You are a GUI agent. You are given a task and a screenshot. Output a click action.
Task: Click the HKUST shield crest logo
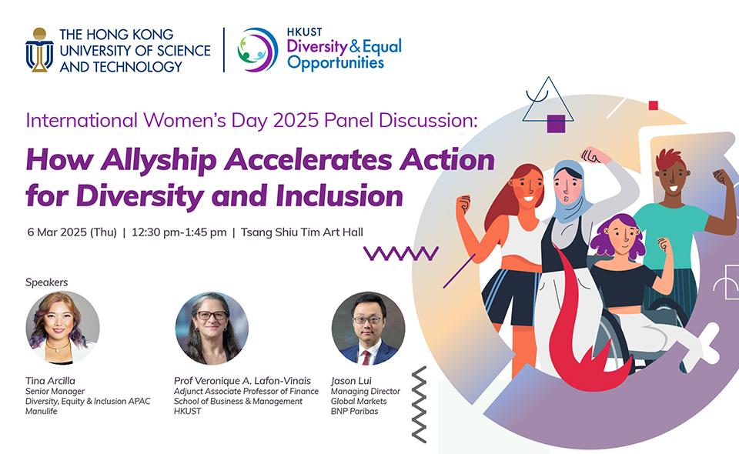click(x=39, y=50)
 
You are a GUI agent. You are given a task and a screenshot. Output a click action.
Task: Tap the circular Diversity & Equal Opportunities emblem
click(x=257, y=50)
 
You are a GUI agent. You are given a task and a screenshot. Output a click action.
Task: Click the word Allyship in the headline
click(x=159, y=159)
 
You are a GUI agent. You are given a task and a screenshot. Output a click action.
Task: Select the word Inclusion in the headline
click(x=339, y=196)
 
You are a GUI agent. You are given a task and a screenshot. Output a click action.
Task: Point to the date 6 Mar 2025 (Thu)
click(x=72, y=232)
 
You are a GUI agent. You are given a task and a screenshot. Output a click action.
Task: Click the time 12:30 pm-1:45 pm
click(x=179, y=232)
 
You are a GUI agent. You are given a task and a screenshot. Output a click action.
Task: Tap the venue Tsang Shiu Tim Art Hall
click(x=302, y=232)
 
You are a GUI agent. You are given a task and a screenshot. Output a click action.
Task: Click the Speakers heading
click(x=47, y=282)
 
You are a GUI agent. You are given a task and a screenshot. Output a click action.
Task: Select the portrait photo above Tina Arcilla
click(x=62, y=328)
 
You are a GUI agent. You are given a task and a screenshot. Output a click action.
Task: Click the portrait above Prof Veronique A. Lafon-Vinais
click(x=212, y=328)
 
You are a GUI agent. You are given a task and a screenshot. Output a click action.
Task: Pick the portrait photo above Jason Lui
click(x=368, y=328)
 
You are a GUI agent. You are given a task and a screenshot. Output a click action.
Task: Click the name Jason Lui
click(x=351, y=381)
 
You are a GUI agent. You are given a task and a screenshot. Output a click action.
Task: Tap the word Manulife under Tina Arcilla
click(x=42, y=411)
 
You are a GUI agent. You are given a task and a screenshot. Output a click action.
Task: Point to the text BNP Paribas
click(x=354, y=411)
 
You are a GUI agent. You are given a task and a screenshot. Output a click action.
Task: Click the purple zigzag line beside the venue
click(x=401, y=253)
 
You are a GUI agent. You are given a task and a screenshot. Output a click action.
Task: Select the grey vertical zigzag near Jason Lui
click(x=419, y=405)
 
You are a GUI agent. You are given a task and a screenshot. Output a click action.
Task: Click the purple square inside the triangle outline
click(x=556, y=124)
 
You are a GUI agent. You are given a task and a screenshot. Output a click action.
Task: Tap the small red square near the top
click(x=654, y=105)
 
